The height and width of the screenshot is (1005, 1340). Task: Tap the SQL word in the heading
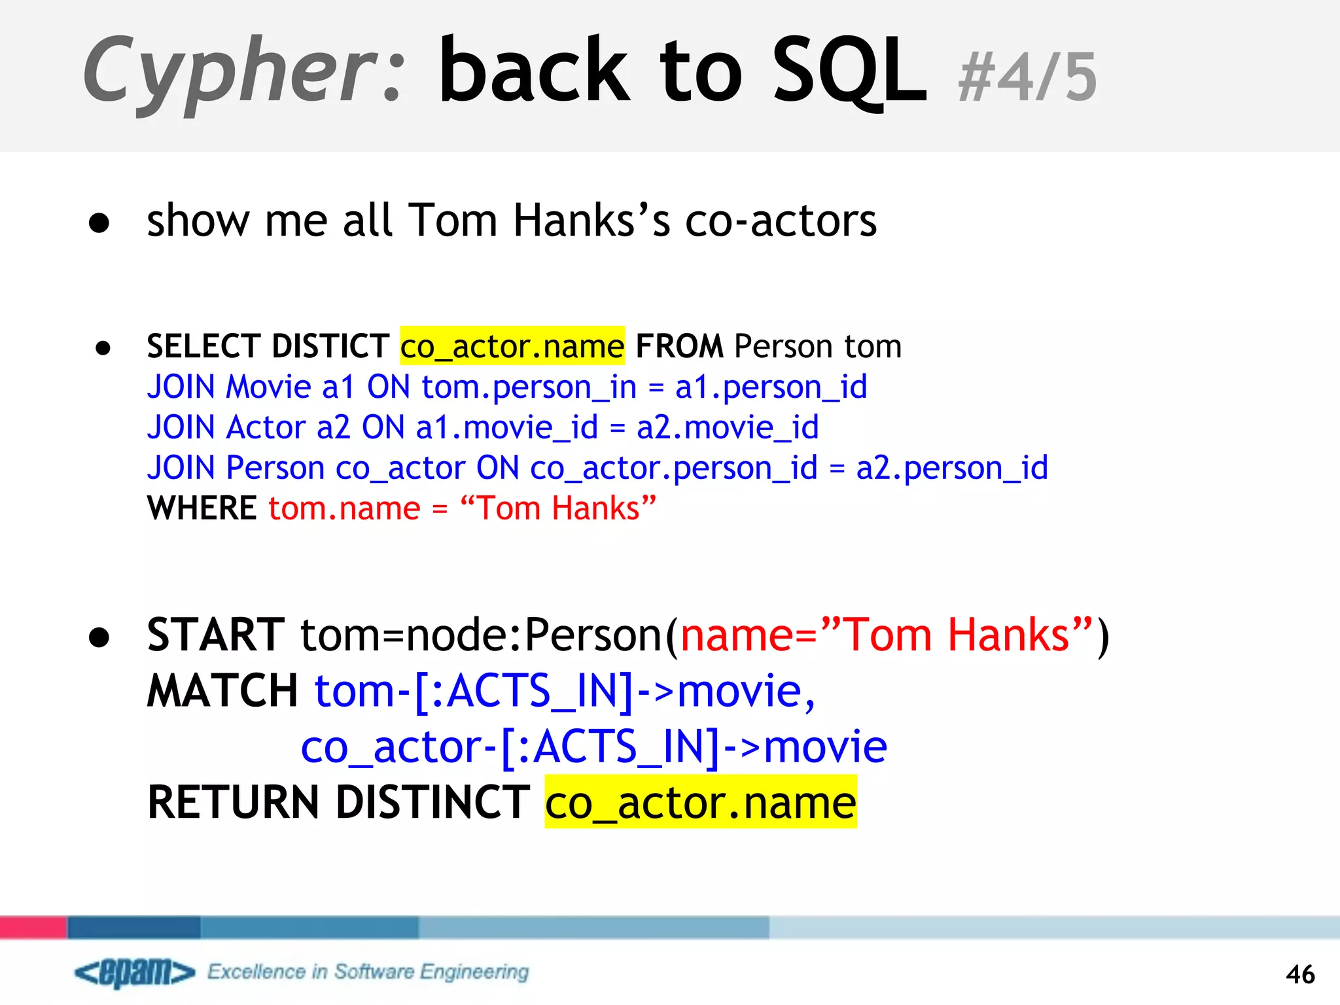click(849, 71)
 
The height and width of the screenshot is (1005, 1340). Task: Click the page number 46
click(1299, 974)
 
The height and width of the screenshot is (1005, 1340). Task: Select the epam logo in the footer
click(135, 972)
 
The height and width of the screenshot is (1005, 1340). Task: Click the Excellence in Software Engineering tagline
click(368, 972)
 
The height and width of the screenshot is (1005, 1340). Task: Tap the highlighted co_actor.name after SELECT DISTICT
click(512, 346)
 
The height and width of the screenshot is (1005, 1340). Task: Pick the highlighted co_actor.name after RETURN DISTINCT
click(700, 802)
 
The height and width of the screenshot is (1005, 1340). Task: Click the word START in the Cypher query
click(216, 635)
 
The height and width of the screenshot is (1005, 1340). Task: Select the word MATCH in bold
click(222, 691)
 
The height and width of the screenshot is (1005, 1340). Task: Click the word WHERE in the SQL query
click(202, 508)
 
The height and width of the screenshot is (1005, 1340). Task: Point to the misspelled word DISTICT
click(330, 346)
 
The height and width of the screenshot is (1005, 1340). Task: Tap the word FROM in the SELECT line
click(679, 346)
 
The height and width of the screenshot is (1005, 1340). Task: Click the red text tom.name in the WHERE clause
click(344, 508)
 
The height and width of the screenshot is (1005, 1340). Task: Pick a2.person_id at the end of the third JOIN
click(952, 468)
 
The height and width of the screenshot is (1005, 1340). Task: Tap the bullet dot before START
click(99, 637)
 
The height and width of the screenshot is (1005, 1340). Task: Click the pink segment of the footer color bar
click(33, 927)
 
